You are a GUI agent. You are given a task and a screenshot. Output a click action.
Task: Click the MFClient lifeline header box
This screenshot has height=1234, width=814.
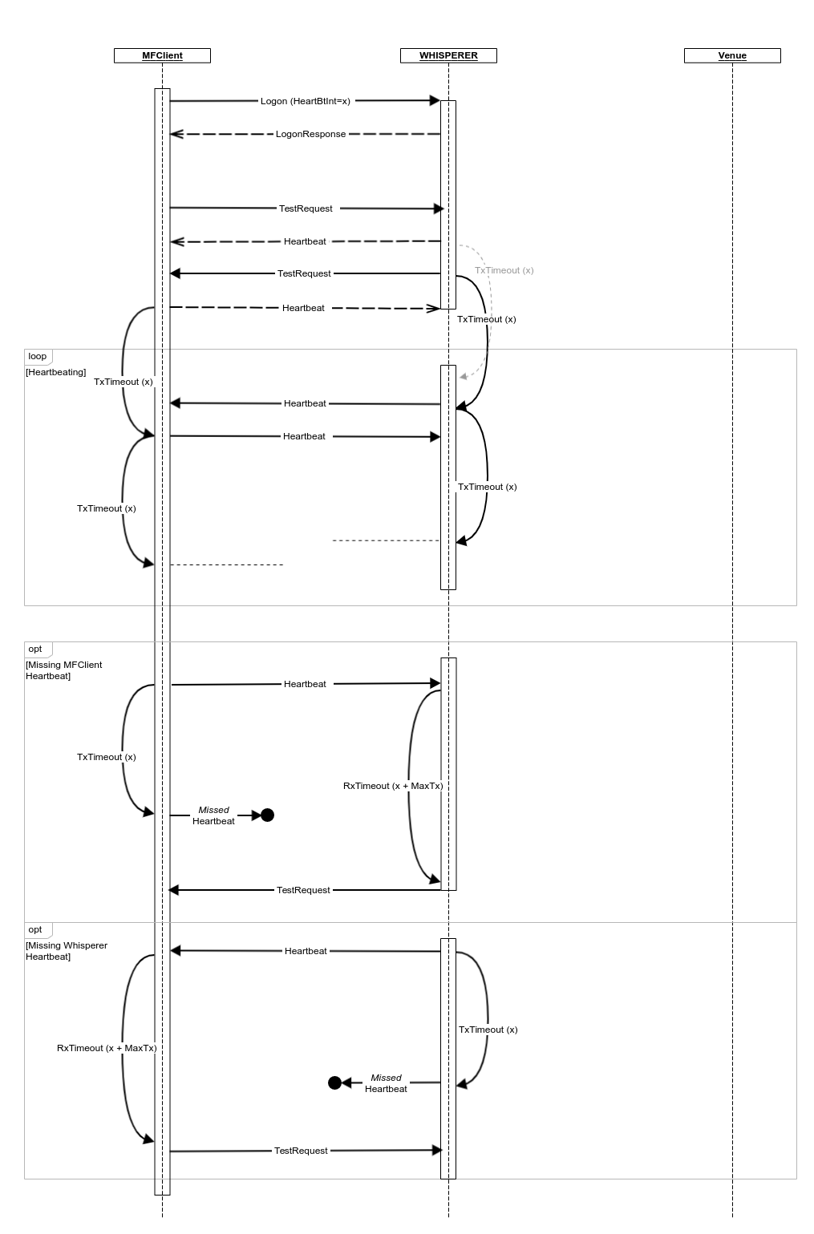click(x=162, y=55)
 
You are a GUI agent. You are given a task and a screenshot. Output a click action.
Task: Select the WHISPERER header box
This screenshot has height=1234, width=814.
click(x=448, y=55)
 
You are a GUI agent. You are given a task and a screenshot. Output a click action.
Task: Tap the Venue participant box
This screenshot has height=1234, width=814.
click(x=732, y=55)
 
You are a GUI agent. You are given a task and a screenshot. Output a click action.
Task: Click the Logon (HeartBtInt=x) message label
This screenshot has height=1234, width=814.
click(x=305, y=101)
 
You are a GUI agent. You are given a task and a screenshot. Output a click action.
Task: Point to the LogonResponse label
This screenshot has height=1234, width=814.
click(x=310, y=134)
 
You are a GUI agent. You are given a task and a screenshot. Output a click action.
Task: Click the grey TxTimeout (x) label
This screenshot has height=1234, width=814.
click(x=504, y=270)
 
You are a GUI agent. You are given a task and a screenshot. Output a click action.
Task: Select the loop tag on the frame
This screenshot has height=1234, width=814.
click(x=38, y=356)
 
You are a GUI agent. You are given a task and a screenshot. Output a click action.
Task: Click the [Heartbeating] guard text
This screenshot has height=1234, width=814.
click(x=56, y=372)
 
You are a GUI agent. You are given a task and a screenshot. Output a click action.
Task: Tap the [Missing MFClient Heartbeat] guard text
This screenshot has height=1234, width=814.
click(x=63, y=670)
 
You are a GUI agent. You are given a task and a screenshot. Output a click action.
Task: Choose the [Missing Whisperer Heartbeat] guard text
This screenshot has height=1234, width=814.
click(x=66, y=951)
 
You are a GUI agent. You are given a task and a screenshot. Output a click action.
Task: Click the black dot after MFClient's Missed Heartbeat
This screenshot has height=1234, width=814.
click(x=268, y=815)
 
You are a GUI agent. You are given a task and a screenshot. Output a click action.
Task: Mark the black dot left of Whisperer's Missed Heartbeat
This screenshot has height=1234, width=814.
click(x=335, y=1083)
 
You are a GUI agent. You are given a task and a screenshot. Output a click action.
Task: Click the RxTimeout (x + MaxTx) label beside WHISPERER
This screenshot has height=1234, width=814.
click(x=393, y=786)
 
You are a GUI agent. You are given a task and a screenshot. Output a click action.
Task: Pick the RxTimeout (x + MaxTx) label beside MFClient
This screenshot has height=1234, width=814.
click(x=107, y=1048)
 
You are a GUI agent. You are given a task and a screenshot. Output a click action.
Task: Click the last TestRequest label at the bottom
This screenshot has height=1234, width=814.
click(x=301, y=1151)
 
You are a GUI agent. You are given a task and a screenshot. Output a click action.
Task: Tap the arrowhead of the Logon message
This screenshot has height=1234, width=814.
click(x=435, y=100)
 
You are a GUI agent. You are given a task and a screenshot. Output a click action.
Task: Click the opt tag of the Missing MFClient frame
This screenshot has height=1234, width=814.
click(x=35, y=649)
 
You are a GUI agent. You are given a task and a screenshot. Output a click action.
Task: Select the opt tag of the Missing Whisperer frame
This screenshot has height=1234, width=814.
click(x=35, y=929)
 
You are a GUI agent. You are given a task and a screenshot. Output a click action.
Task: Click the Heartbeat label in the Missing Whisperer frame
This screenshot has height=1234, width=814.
click(x=306, y=951)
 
